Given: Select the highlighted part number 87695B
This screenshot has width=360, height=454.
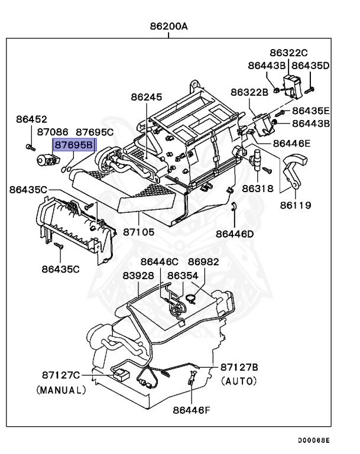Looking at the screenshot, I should (x=74, y=144).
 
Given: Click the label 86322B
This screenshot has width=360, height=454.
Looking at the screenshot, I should (x=249, y=92).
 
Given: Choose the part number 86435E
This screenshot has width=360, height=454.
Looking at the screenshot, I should (x=310, y=111).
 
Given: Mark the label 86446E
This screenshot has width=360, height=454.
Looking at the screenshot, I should (x=291, y=143).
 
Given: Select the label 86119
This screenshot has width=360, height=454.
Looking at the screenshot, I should (x=295, y=206).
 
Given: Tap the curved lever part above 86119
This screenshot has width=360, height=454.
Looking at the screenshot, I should (x=294, y=163).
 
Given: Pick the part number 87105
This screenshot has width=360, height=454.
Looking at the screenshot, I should (x=139, y=232).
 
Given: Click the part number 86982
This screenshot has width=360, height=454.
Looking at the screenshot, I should (x=203, y=261).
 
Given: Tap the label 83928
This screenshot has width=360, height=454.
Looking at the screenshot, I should (x=138, y=275).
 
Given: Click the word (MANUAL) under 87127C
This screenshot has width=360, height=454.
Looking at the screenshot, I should (x=61, y=390).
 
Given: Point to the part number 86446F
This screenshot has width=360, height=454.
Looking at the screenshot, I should (x=192, y=409).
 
